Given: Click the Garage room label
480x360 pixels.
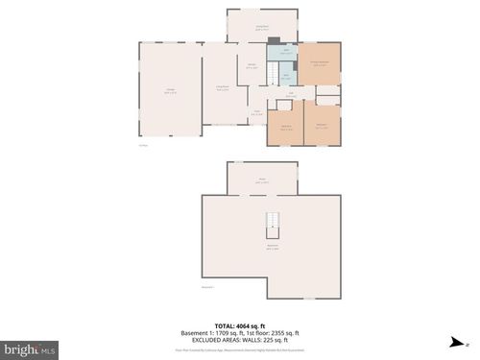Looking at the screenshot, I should (x=169, y=92).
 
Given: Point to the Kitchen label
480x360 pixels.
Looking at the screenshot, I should (x=252, y=66).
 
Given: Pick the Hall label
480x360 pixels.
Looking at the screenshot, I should (x=290, y=94).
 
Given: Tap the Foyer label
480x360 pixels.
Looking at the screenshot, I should (x=257, y=112).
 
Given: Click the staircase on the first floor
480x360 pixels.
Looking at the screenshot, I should (x=273, y=74).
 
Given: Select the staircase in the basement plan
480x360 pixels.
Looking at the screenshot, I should (x=273, y=225).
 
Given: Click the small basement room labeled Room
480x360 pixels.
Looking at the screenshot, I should (x=261, y=180).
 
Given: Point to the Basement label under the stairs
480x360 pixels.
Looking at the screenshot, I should (x=273, y=247).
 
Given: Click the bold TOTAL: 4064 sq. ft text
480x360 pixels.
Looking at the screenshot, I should (x=240, y=325).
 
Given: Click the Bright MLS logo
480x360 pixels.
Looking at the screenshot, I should (x=30, y=349).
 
